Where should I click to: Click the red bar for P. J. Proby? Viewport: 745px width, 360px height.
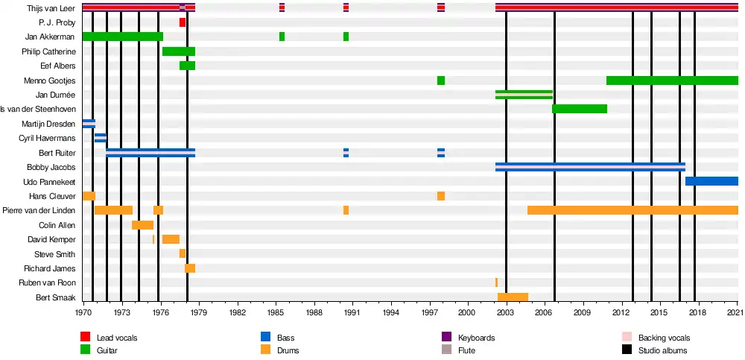pos(182,22)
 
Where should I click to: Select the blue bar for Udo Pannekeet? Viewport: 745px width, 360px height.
pos(711,181)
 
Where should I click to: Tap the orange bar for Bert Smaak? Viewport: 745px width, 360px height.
pos(513,297)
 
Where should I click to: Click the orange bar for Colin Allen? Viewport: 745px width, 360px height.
pos(142,225)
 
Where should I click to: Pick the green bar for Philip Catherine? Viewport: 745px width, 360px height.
pos(179,51)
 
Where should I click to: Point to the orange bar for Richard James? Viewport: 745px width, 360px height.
pos(190,268)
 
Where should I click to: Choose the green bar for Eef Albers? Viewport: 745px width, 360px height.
pos(187,66)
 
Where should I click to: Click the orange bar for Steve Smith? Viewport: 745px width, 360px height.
pos(182,253)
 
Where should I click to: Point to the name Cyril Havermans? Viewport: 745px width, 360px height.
pos(47,138)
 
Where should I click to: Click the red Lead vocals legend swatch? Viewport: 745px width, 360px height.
pos(86,338)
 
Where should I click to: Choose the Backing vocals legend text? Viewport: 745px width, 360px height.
pos(664,338)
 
